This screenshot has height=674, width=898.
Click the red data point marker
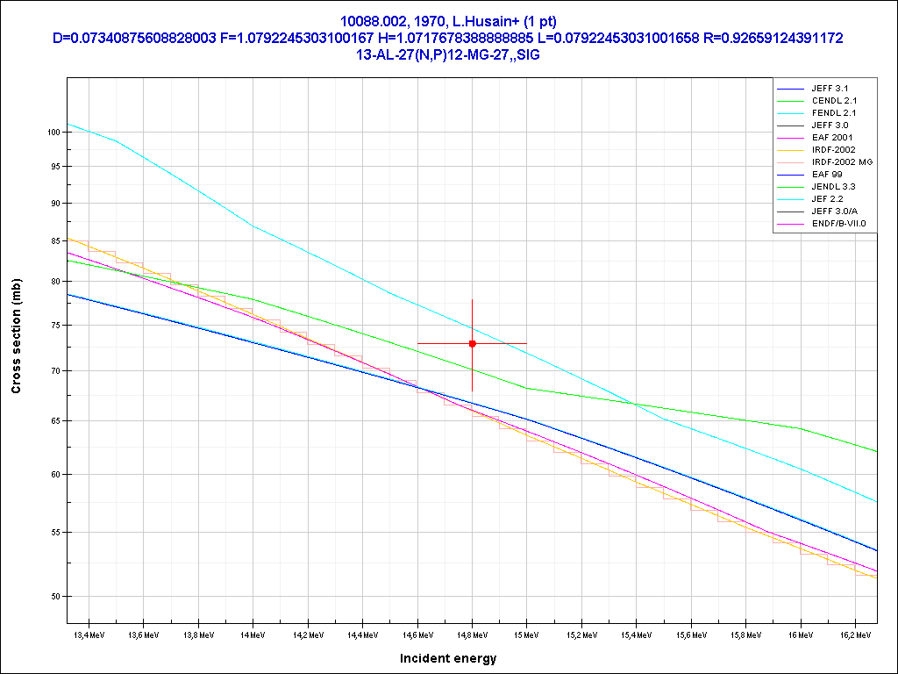click(472, 343)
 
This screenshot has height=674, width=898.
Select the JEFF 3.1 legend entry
click(830, 89)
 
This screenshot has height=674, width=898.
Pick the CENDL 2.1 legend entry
click(834, 101)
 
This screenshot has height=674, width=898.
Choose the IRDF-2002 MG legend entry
click(842, 162)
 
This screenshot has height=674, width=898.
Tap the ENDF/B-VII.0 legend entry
click(838, 224)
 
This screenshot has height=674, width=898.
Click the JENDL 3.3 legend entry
click(833, 187)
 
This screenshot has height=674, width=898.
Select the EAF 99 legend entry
click(827, 175)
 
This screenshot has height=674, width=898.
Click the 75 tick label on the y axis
click(54, 325)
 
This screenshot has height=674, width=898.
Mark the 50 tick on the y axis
click(54, 597)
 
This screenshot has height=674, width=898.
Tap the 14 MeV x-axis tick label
click(252, 634)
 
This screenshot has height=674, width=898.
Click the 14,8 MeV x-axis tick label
click(472, 634)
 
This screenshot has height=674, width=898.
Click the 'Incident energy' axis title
click(448, 658)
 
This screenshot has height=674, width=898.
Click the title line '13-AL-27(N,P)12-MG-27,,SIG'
click(448, 54)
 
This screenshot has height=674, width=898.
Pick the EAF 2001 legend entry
click(832, 138)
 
